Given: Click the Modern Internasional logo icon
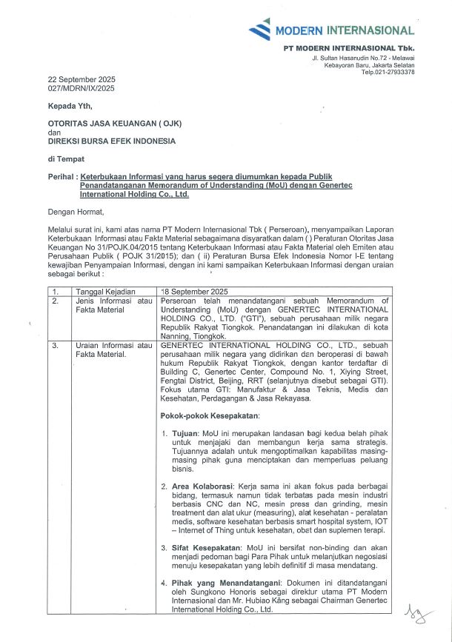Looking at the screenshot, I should click(x=259, y=30).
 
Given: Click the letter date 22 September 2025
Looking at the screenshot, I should click(x=82, y=79).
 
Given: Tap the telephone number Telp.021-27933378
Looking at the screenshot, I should click(x=388, y=72).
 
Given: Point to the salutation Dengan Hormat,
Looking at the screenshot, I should click(x=76, y=211).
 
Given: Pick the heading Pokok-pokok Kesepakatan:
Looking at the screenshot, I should click(x=210, y=415).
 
